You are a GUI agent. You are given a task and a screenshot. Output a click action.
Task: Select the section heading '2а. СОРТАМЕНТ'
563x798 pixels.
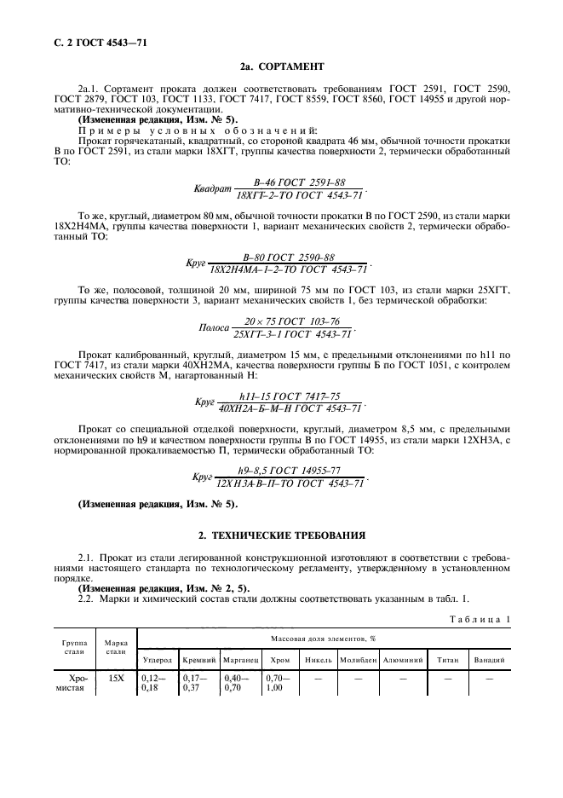point(281,65)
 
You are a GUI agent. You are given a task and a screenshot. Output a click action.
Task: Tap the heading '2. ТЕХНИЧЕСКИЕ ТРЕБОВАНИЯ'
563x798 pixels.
point(281,535)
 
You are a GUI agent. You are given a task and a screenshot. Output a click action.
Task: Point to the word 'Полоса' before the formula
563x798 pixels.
point(215,328)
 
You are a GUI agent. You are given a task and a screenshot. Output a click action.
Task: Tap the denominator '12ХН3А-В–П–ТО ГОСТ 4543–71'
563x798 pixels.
point(290,483)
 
